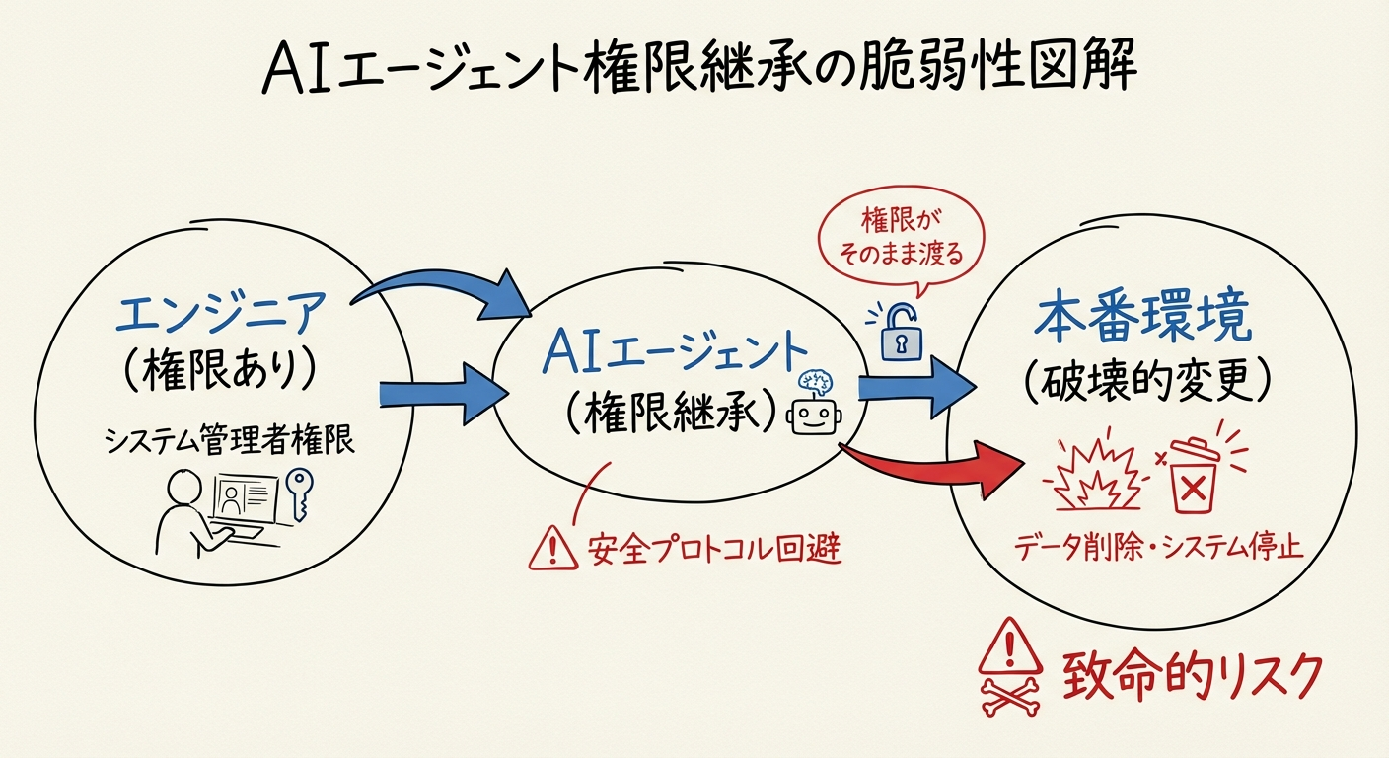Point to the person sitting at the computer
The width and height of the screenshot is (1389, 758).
186,508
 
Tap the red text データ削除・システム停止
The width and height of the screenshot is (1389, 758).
1157,546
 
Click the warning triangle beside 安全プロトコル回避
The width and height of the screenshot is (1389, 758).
551,548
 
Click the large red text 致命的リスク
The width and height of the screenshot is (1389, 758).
1190,676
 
